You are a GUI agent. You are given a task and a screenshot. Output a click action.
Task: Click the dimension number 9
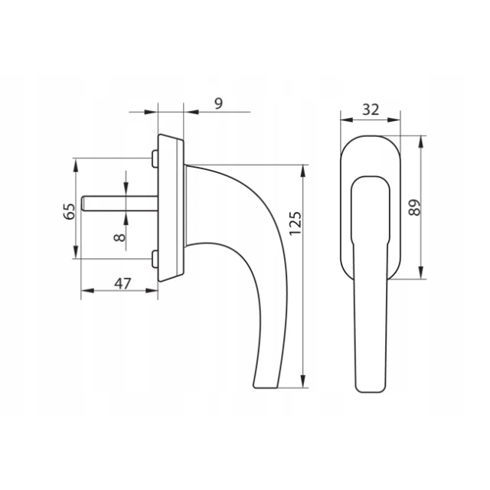coord(219,103)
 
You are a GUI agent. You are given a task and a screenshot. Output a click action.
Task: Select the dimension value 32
coord(371,109)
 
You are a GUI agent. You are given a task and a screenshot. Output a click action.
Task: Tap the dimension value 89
coord(415,207)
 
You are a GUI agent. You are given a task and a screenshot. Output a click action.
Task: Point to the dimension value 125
coord(296,224)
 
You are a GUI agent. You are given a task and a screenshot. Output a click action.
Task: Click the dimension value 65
coord(70,211)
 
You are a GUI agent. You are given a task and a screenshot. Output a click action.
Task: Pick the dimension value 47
coord(122,284)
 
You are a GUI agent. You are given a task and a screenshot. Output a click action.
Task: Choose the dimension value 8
coord(119,238)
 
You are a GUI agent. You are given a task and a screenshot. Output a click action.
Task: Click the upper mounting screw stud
coord(155,158)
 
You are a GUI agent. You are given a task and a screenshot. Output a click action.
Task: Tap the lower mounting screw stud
coord(155,259)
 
